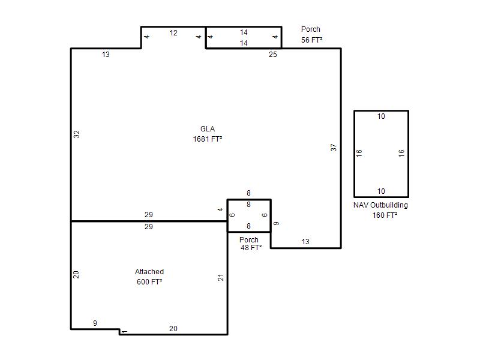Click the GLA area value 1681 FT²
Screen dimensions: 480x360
208,139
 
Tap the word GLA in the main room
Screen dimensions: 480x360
208,129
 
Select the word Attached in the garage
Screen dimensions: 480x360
149,272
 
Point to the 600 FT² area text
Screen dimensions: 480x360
149,281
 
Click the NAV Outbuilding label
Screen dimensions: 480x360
380,205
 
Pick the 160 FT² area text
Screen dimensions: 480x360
385,215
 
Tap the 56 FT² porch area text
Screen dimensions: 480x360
311,40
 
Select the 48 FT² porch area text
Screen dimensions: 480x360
251,248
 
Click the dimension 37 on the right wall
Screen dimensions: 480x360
334,148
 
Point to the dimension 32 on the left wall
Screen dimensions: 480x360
77,134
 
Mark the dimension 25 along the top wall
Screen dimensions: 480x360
273,55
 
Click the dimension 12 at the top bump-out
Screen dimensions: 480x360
173,33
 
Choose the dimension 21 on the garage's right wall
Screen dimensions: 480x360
221,278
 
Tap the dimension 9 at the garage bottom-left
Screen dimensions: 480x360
95,323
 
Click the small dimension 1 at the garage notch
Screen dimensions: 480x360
124,332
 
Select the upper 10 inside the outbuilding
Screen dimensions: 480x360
381,116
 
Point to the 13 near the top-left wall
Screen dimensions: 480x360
106,55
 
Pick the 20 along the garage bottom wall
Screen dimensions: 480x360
173,328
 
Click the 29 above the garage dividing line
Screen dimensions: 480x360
149,215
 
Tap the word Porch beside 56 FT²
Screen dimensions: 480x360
311,29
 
